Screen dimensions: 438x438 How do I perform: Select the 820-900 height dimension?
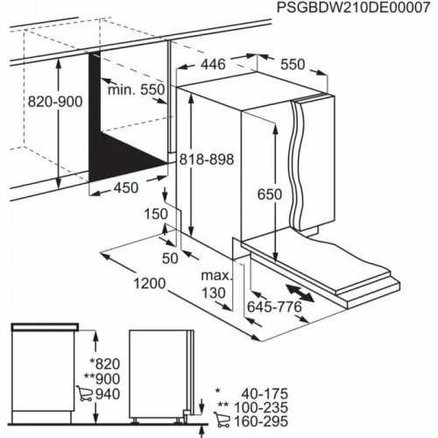53,102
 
